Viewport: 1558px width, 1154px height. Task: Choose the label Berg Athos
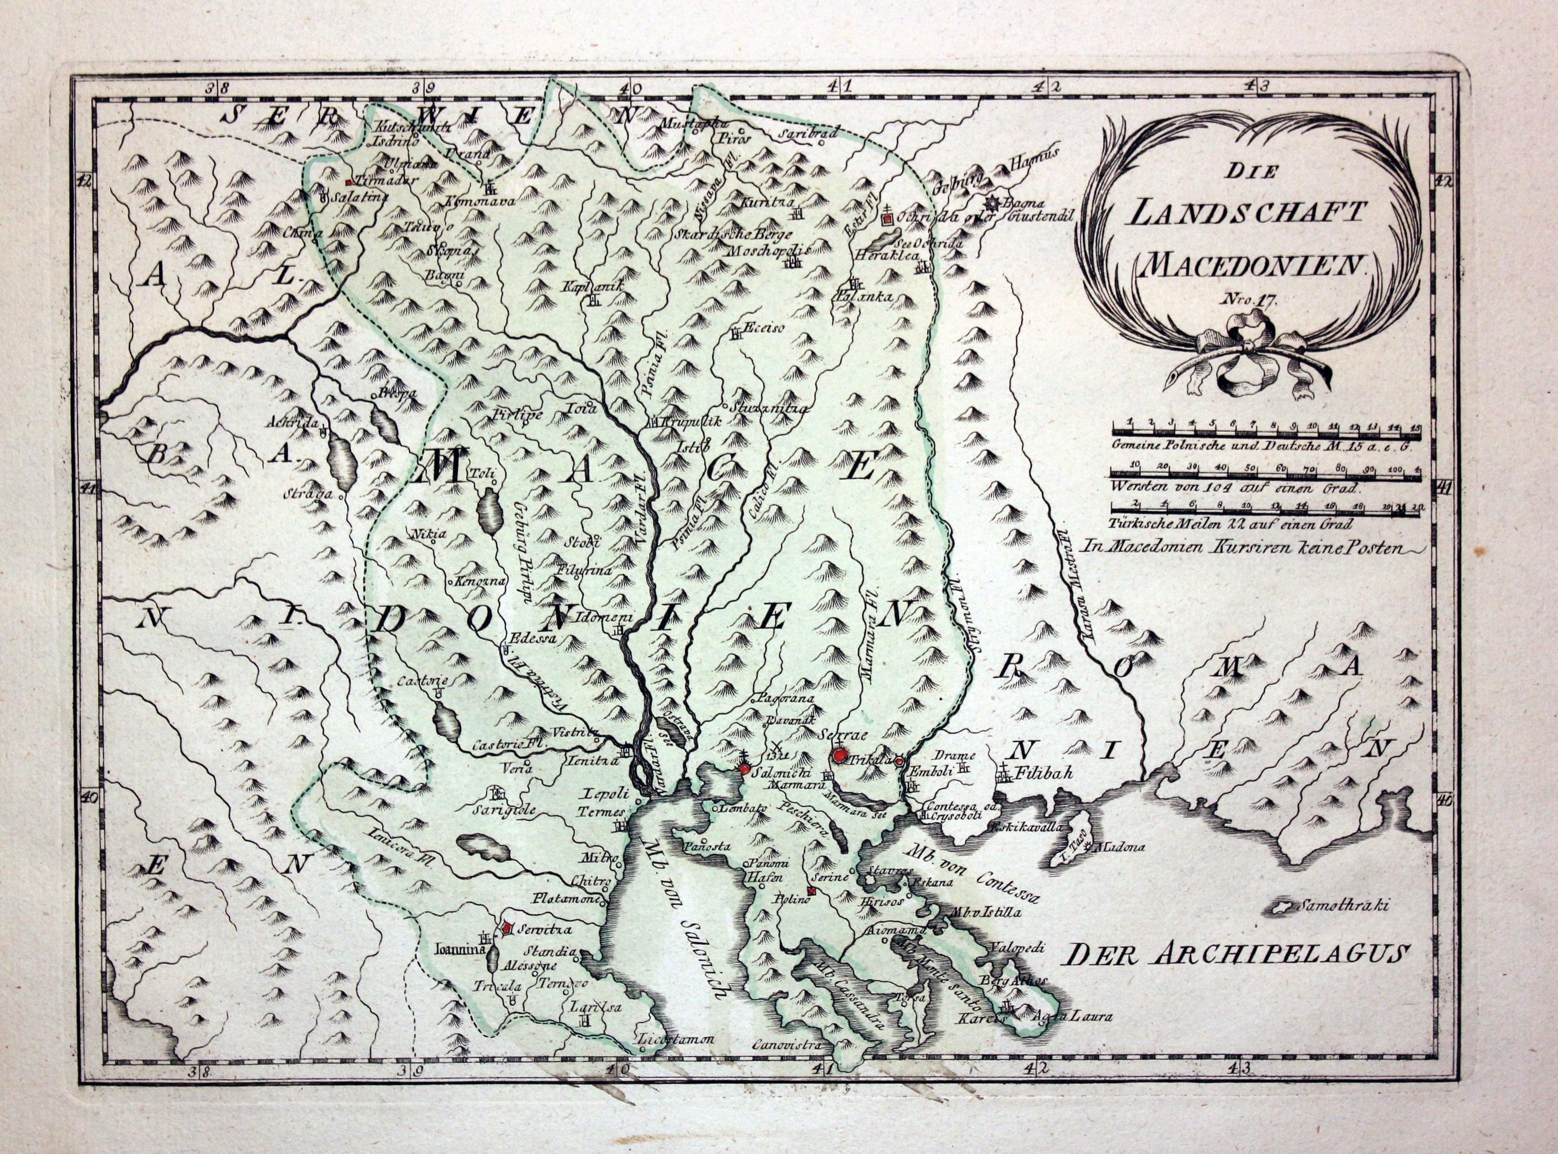click(1012, 981)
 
